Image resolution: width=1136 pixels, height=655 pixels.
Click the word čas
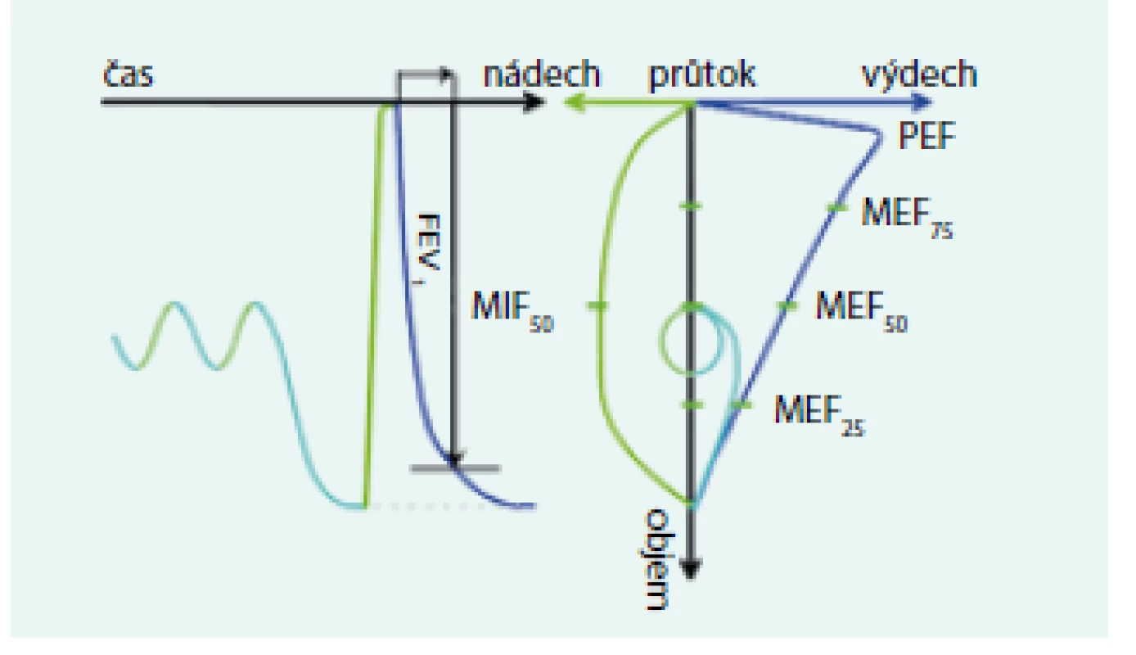[128, 75]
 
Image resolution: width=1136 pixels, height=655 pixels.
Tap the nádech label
[542, 74]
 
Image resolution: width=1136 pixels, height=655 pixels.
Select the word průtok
[702, 76]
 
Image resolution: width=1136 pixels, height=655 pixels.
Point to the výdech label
[919, 75]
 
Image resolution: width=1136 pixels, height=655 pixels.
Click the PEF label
[927, 135]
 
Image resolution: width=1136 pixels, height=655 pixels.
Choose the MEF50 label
[861, 311]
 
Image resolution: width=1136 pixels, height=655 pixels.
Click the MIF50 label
[512, 311]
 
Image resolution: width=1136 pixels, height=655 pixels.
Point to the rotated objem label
[656, 560]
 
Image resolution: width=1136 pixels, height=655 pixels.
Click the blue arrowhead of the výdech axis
[922, 102]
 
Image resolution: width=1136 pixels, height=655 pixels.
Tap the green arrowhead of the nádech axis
[574, 103]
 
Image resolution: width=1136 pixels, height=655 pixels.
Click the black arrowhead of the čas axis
[534, 102]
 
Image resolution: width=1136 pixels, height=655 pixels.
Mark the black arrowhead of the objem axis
[690, 568]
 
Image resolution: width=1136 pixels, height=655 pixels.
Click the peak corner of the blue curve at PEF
[879, 135]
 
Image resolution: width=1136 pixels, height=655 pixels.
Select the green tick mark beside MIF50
[598, 305]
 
